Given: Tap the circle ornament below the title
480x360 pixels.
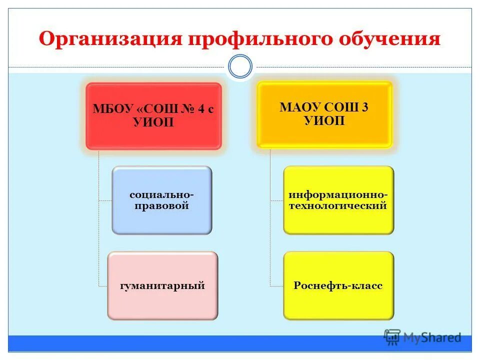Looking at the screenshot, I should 240,67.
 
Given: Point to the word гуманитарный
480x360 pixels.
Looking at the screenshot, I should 162,286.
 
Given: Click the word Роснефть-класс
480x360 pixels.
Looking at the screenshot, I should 338,286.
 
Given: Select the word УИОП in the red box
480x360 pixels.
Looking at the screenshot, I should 153,122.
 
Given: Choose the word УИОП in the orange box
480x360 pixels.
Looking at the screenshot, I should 324,120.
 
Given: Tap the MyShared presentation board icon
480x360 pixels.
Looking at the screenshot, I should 392,337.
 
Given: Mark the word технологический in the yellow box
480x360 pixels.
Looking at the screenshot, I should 338,205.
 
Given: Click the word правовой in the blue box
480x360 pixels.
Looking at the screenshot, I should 161,205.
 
